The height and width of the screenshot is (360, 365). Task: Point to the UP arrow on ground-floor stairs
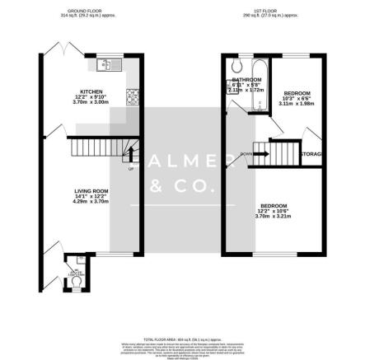click(129, 169)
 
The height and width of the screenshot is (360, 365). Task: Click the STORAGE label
click(310, 154)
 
